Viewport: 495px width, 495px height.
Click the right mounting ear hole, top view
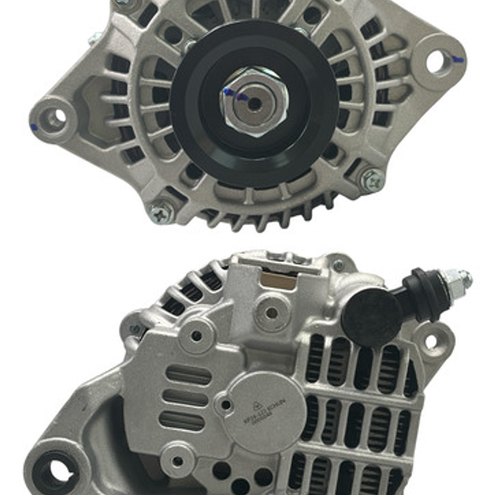click(436, 61)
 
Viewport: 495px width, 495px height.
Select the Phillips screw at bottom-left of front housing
click(162, 212)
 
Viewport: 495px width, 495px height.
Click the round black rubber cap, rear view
click(371, 317)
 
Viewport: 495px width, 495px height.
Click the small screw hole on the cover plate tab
click(225, 405)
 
